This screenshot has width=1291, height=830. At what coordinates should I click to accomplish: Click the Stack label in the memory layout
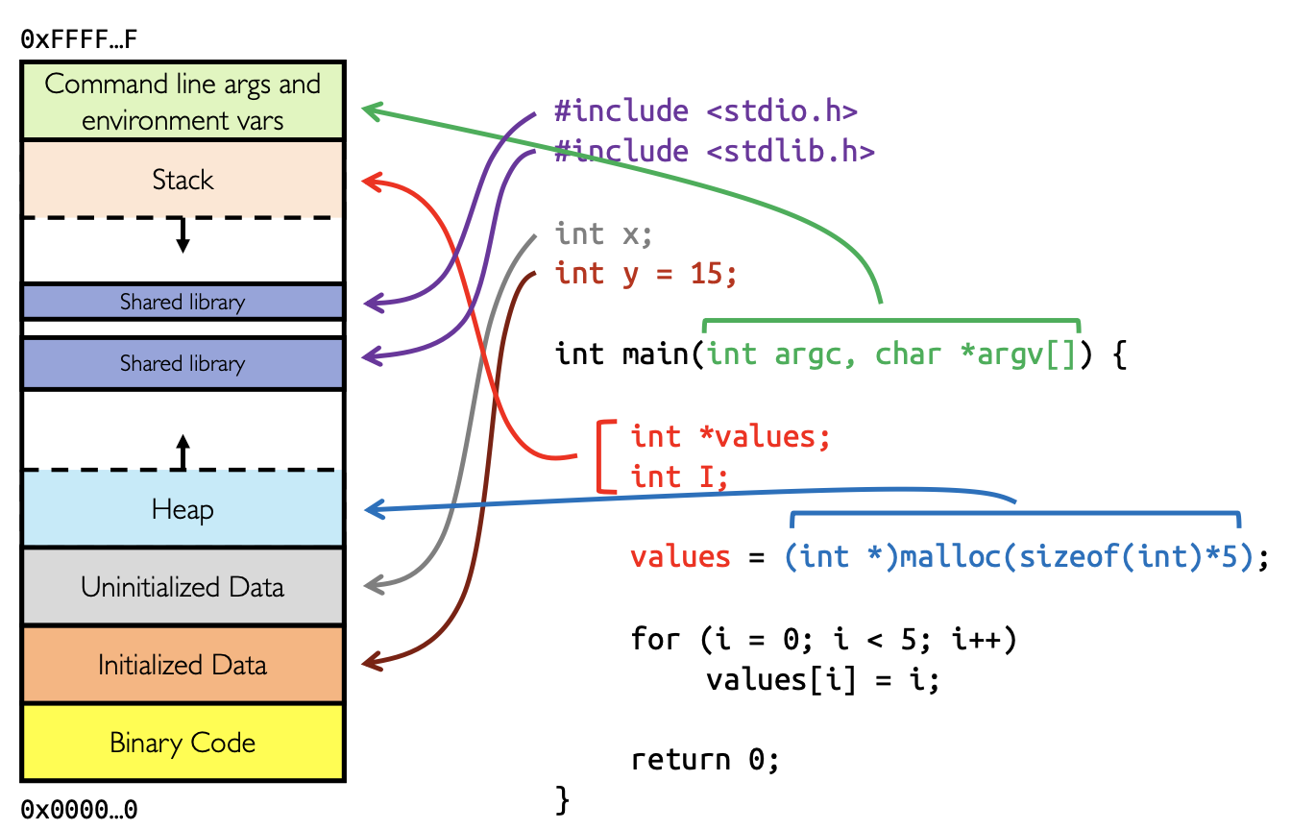(183, 180)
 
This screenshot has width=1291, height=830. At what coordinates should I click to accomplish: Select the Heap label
(183, 509)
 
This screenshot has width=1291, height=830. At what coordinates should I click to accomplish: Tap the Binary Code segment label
(183, 743)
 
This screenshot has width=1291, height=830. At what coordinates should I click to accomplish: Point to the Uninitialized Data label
(183, 587)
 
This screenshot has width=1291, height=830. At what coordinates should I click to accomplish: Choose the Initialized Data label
(183, 665)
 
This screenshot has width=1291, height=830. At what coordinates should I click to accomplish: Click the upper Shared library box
(183, 302)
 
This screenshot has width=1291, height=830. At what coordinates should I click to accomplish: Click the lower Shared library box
(183, 363)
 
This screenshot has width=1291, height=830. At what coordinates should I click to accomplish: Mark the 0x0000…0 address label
(79, 809)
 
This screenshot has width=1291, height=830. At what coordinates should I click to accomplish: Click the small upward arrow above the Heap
(183, 450)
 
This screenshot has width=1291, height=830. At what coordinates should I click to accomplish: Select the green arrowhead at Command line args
(370, 110)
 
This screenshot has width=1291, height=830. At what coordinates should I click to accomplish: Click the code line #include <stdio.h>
(705, 110)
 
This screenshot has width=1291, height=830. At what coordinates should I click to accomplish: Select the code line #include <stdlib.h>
(715, 152)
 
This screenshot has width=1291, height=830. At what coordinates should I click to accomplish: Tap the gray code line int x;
(604, 233)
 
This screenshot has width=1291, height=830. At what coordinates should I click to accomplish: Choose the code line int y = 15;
(646, 274)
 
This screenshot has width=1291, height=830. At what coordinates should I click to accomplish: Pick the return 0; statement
(705, 760)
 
